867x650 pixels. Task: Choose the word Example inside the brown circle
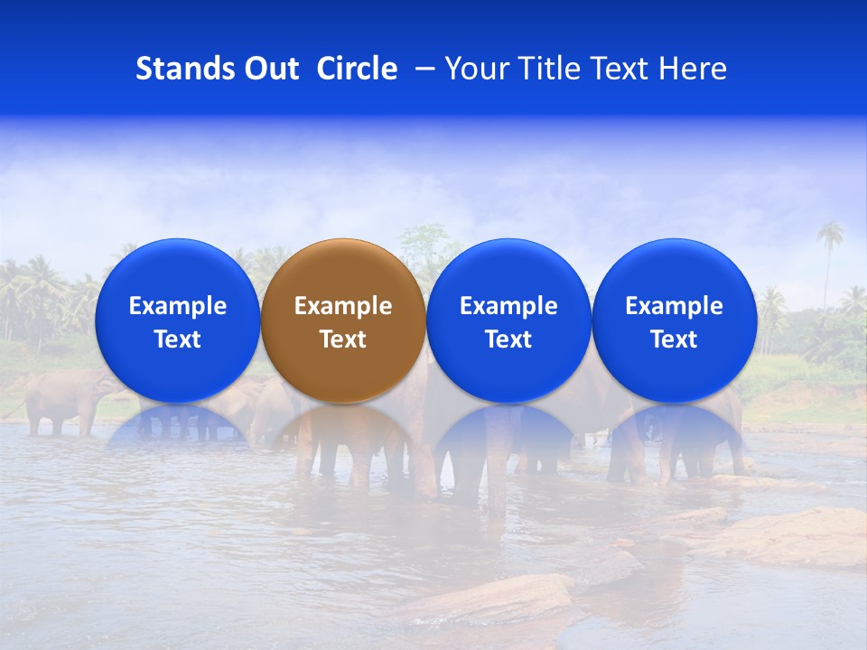point(343,306)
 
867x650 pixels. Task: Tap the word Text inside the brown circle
point(343,339)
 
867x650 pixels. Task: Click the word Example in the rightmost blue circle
point(674,306)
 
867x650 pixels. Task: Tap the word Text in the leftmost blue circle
point(177,339)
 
